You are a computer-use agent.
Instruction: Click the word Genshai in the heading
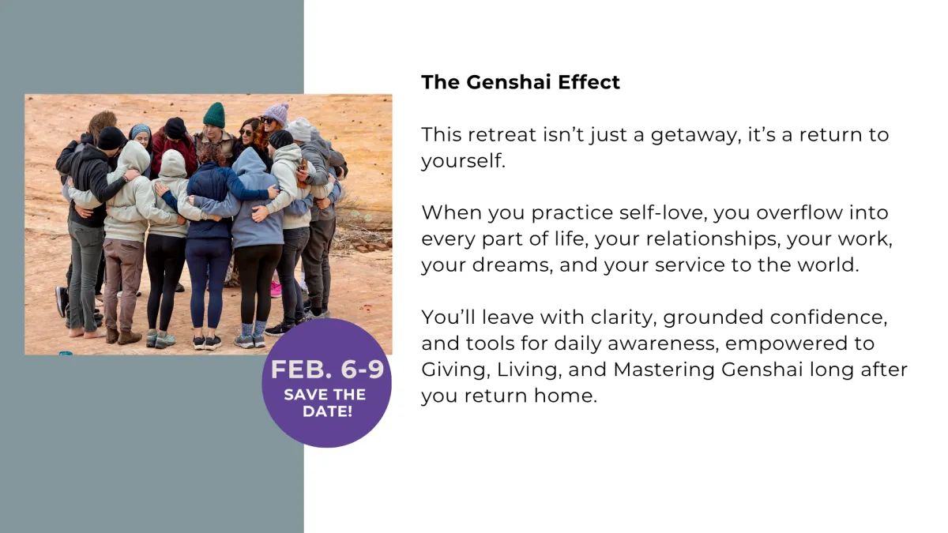[508, 82]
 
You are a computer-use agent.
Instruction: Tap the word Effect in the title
[589, 82]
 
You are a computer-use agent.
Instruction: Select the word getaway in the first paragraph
[696, 135]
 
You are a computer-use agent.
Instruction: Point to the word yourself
[463, 161]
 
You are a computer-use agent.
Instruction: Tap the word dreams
[513, 265]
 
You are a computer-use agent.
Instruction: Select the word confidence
[829, 317]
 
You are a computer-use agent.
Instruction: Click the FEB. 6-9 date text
[327, 370]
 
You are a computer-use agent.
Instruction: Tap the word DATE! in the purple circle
[327, 411]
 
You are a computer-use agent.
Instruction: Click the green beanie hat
[214, 114]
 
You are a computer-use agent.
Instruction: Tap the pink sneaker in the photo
[276, 289]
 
